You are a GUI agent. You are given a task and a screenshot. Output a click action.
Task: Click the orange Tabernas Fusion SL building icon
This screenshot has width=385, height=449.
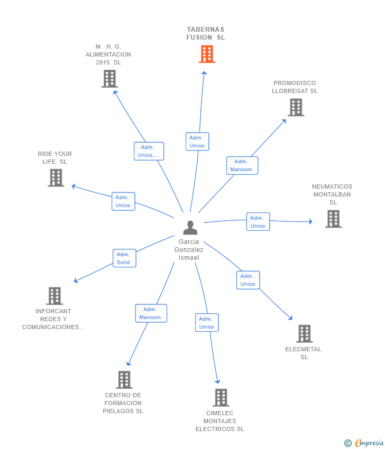pyautogui.click(x=207, y=54)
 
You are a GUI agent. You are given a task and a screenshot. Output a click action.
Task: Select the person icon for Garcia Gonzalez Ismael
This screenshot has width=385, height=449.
pyautogui.click(x=190, y=227)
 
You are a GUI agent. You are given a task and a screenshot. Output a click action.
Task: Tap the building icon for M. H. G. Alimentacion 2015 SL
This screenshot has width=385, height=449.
pyautogui.click(x=109, y=79)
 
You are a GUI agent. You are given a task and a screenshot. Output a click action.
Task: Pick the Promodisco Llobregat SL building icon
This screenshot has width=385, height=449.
pyautogui.click(x=296, y=107)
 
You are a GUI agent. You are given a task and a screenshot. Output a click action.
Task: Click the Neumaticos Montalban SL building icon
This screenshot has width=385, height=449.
pyautogui.click(x=333, y=219)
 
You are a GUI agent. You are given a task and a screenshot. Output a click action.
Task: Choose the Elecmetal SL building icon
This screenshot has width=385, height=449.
pyautogui.click(x=304, y=334)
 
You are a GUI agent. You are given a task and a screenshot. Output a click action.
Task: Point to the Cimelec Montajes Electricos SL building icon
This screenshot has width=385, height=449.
pyautogui.click(x=221, y=398)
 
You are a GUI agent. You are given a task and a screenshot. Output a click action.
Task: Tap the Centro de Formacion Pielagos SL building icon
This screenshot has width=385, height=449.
pyautogui.click(x=124, y=380)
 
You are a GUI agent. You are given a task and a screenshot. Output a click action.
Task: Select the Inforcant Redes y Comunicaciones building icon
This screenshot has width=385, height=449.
pyautogui.click(x=54, y=296)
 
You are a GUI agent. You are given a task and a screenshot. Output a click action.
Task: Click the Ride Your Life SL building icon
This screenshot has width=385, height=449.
pyautogui.click(x=56, y=178)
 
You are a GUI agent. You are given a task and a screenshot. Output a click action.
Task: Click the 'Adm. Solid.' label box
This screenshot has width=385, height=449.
pyautogui.click(x=124, y=258)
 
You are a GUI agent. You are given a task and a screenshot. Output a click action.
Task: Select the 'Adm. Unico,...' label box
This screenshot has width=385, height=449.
pyautogui.click(x=149, y=151)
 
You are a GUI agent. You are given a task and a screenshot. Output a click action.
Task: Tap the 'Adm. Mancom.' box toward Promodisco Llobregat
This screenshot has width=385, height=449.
pyautogui.click(x=242, y=165)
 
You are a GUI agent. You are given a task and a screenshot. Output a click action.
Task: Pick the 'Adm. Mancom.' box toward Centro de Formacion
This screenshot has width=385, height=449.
pyautogui.click(x=151, y=313)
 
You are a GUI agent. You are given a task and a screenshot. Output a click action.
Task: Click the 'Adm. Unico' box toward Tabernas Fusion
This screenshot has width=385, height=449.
pyautogui.click(x=197, y=142)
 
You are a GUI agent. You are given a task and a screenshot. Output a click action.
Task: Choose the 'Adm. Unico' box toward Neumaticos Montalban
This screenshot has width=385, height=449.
pyautogui.click(x=258, y=222)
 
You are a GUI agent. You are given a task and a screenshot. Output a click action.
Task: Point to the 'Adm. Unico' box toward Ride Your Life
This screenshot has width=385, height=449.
pyautogui.click(x=123, y=201)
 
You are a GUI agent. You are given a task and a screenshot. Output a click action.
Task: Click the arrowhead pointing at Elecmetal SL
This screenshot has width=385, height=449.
pyautogui.click(x=290, y=318)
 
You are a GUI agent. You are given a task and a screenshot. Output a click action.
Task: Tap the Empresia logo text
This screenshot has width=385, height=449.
pyautogui.click(x=368, y=443)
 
